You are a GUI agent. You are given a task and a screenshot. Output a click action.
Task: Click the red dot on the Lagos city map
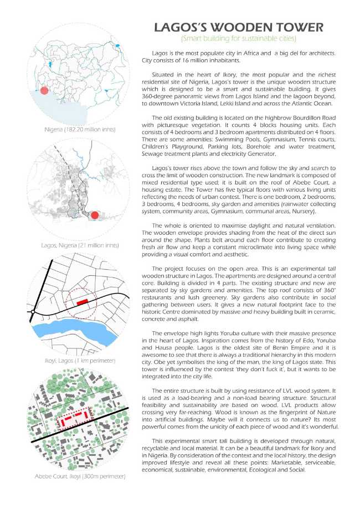tap(95, 215)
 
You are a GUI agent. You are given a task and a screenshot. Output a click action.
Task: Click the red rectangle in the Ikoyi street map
tap(83, 302)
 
